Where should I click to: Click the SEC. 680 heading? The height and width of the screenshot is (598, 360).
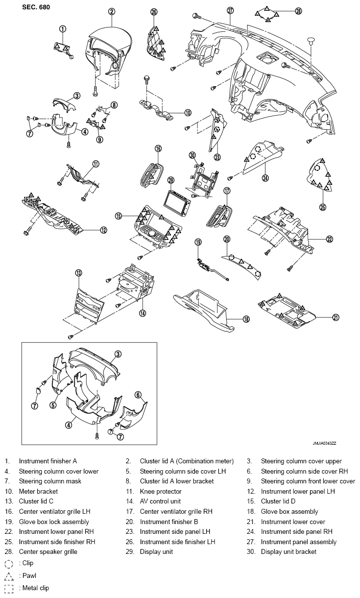36,7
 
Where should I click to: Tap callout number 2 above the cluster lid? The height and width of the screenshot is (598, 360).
112,11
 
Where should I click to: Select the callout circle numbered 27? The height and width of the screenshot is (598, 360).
230,10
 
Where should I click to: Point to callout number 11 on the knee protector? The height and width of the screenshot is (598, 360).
96,164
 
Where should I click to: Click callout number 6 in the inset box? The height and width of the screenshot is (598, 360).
138,395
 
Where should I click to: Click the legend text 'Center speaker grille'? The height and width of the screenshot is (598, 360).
48,551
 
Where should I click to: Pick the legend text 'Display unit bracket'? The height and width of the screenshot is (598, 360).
288,551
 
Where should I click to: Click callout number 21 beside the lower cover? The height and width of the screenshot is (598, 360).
336,317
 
